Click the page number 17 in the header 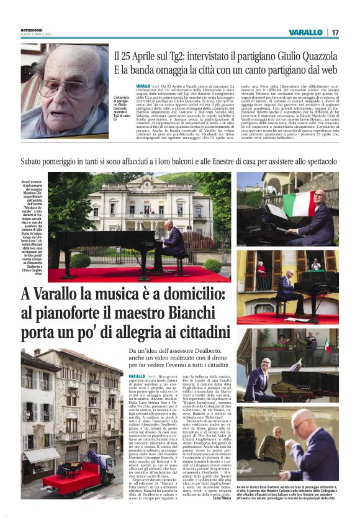335,32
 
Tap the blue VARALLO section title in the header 305,32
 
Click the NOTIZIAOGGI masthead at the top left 32,30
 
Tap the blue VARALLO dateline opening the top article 143,86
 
